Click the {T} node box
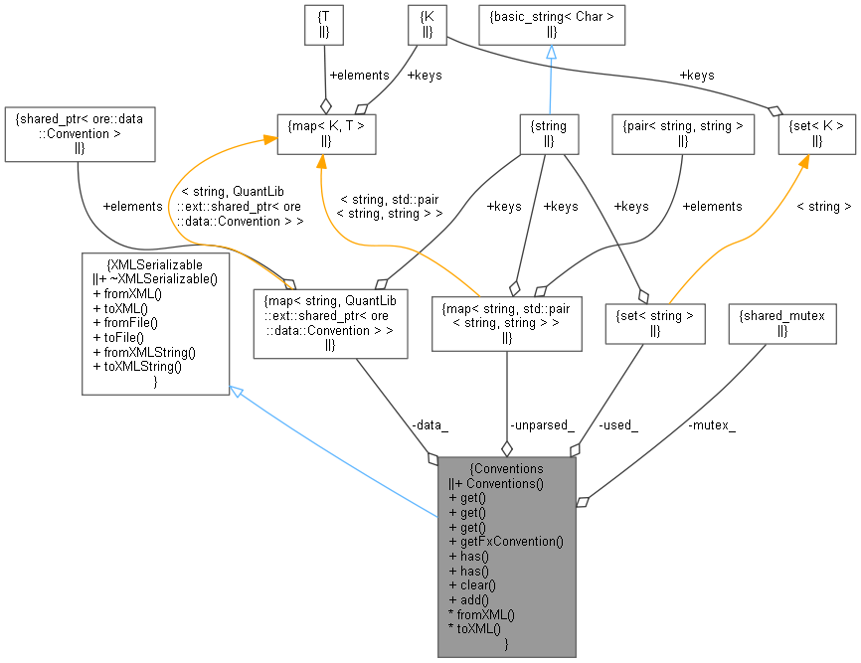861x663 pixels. (x=324, y=24)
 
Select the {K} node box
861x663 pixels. (x=427, y=24)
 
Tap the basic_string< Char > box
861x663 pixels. (x=551, y=24)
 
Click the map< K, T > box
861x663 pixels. (x=326, y=133)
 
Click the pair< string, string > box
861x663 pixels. (x=682, y=133)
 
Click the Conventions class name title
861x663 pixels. (x=507, y=468)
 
